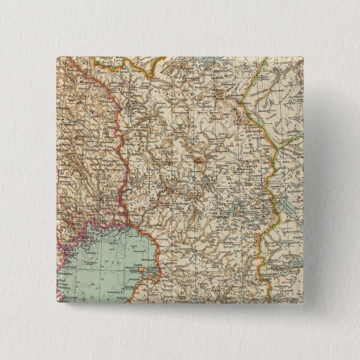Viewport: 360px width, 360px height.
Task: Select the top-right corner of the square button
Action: point(307,56)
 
